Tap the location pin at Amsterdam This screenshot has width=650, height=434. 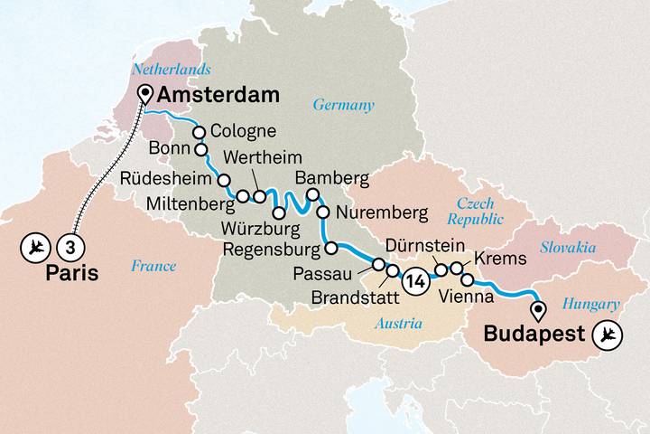pos(144,94)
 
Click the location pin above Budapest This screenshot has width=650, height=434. pos(539,312)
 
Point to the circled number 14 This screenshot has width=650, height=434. pos(414,279)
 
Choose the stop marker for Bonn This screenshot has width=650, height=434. pos(201,150)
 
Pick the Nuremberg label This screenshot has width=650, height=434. pos(380,214)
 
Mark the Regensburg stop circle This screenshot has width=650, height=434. pos(331,248)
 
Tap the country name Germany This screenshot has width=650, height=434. pos(343,105)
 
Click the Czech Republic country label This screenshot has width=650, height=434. pos(475,212)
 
